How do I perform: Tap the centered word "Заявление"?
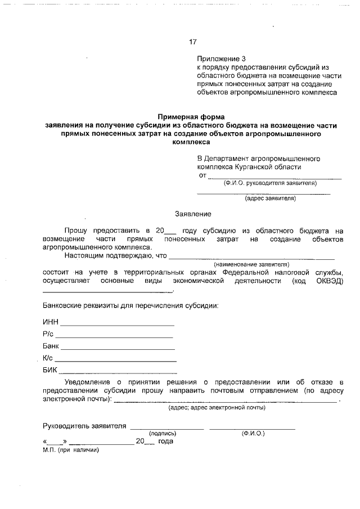tap(193, 214)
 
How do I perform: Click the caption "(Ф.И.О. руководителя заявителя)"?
tap(270, 183)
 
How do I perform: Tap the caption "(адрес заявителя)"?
tap(270, 198)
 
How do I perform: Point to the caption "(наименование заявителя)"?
tap(251, 264)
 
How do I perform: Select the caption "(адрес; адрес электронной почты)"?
tap(217, 407)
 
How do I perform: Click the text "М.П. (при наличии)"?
tap(70, 450)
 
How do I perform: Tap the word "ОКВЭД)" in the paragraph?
tap(329, 281)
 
